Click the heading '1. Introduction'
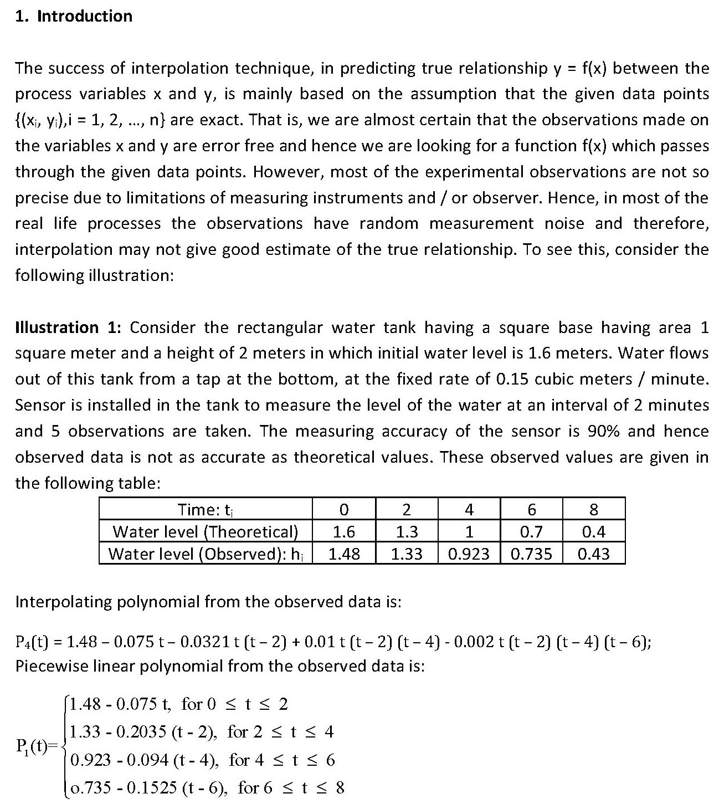coord(74,16)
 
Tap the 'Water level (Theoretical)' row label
coord(205,532)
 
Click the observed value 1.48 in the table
coord(344,554)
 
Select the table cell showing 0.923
coord(469,554)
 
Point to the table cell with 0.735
coord(531,554)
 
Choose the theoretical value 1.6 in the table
coord(344,532)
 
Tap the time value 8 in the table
coord(594,509)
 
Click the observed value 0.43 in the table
coord(594,554)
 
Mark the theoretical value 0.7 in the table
coord(531,532)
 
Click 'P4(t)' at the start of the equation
coord(34,642)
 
